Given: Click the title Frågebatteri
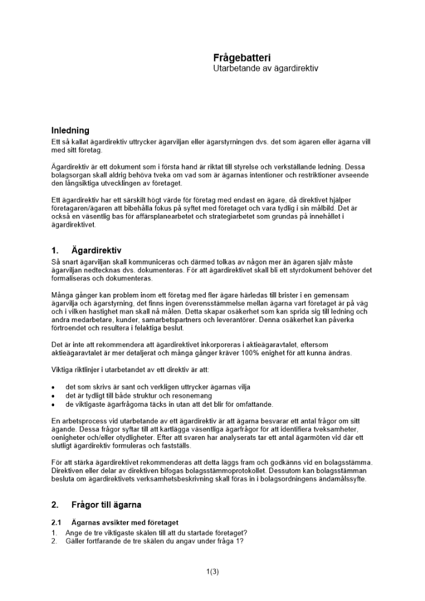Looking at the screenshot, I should pyautogui.click(x=242, y=58).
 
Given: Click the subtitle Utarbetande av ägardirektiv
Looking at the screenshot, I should pyautogui.click(x=265, y=69).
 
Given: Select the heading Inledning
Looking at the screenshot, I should pyautogui.click(x=70, y=130).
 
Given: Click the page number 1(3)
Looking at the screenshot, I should pyautogui.click(x=212, y=572).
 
